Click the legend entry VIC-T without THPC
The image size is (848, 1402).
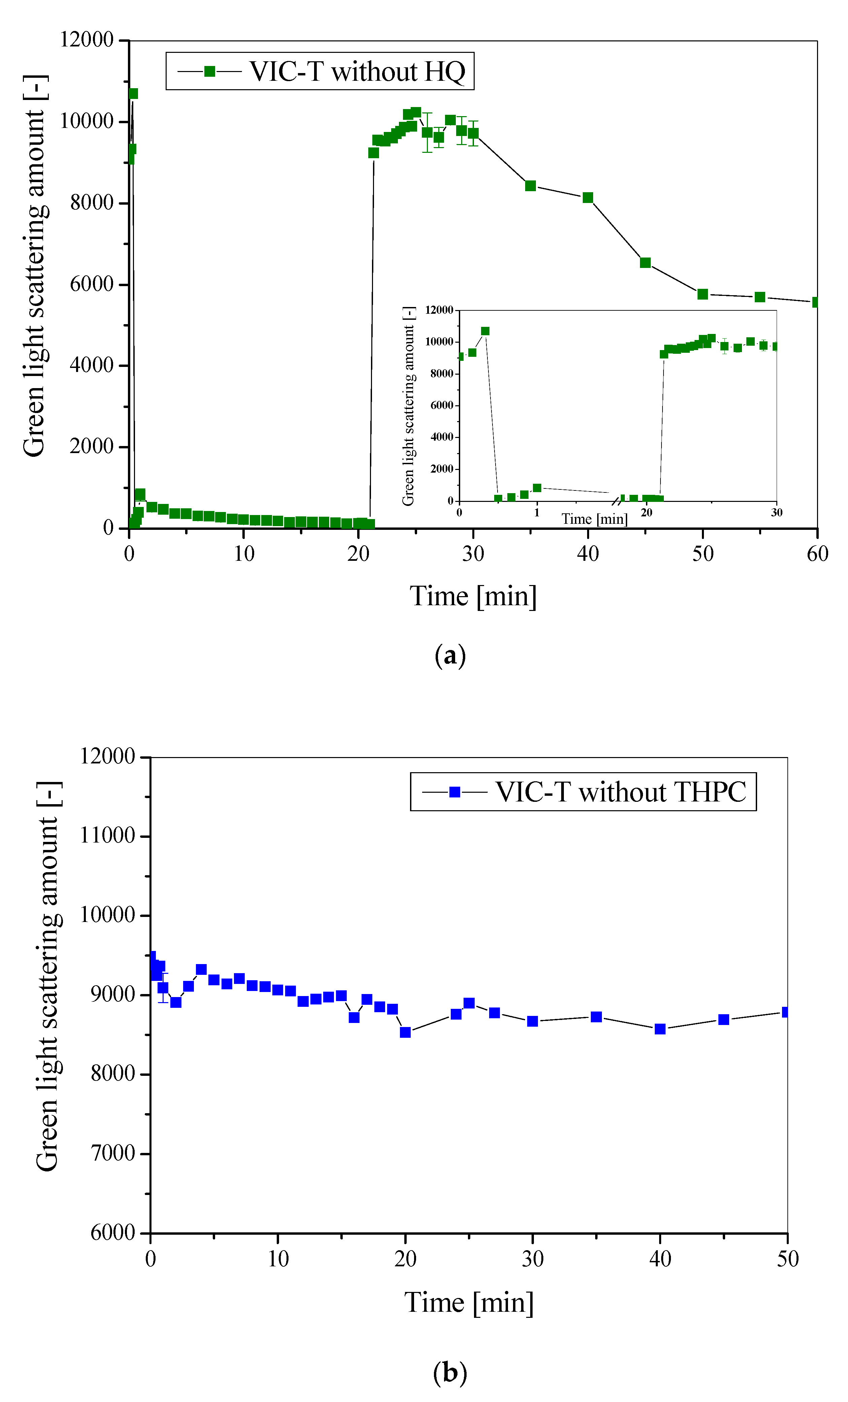(x=583, y=791)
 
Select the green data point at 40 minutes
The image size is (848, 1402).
(x=588, y=198)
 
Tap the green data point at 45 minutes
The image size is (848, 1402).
(x=645, y=262)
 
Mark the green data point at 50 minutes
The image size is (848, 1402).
(x=703, y=294)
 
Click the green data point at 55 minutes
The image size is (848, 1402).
(x=760, y=297)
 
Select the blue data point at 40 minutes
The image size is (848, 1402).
(x=660, y=1029)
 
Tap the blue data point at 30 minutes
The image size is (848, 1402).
(x=533, y=1021)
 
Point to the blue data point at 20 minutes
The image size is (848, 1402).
(x=405, y=1032)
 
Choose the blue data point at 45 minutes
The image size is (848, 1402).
(x=724, y=1019)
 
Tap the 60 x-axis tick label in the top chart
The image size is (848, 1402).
(x=817, y=553)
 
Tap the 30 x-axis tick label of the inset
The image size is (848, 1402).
(x=777, y=512)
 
